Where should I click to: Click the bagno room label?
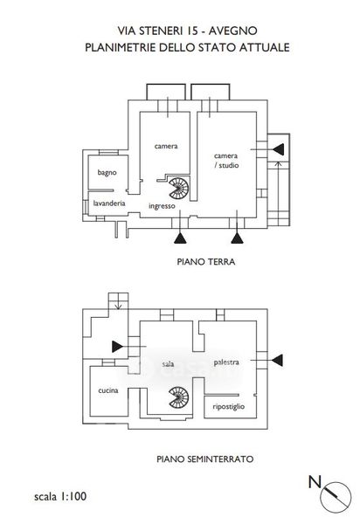tap(107, 173)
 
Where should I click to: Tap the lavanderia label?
tap(109, 203)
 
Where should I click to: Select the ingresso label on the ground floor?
tap(162, 206)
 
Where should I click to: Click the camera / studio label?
tap(226, 161)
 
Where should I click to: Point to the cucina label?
tap(108, 390)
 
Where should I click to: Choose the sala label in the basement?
tap(168, 363)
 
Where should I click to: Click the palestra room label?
tap(226, 362)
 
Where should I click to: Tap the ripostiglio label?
tap(229, 407)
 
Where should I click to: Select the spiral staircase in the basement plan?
tap(179, 397)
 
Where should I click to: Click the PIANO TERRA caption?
tap(206, 262)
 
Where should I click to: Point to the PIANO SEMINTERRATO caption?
tap(204, 459)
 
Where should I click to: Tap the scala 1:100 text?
tap(60, 496)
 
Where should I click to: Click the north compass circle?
tap(336, 497)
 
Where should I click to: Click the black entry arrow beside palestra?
tap(278, 360)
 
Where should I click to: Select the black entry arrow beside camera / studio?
tap(279, 149)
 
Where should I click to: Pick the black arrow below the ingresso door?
tap(180, 238)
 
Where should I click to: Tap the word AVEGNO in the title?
tap(233, 31)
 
